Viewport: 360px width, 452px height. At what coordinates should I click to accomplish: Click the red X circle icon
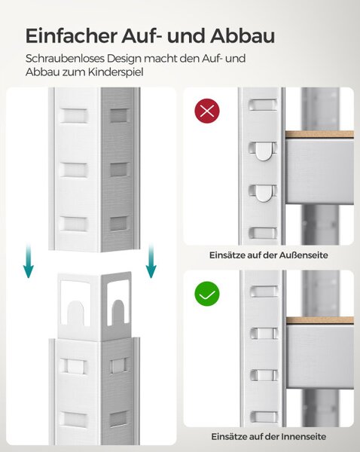(207, 111)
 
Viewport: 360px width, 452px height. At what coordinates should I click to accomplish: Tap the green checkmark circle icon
(207, 294)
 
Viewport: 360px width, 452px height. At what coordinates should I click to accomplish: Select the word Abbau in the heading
(242, 36)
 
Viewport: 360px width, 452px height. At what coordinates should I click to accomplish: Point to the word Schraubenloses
(65, 58)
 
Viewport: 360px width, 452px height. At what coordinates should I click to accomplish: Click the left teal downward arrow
(29, 261)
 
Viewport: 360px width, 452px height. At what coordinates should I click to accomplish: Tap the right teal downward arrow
(151, 261)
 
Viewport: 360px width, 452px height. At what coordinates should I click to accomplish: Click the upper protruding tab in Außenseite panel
(263, 151)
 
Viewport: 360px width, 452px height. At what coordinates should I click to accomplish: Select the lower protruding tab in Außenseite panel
(263, 193)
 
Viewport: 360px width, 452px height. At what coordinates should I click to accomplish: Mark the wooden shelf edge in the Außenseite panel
(319, 134)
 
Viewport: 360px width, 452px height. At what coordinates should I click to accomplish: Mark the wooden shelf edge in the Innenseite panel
(319, 320)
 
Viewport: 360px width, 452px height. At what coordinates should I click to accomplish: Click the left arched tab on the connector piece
(75, 313)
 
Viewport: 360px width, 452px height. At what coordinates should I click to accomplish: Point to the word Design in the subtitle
(124, 59)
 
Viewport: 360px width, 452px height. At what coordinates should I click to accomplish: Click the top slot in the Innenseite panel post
(264, 292)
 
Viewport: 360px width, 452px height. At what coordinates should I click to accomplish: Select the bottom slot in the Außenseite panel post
(263, 233)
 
